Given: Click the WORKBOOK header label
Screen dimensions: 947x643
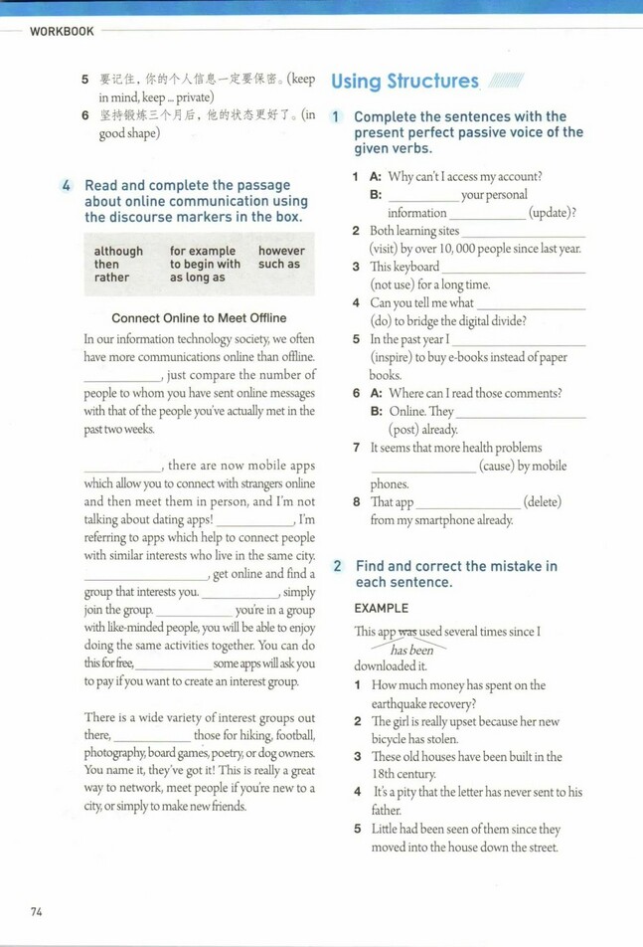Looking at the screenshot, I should (x=62, y=31).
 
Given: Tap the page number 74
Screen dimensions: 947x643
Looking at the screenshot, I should (x=37, y=910).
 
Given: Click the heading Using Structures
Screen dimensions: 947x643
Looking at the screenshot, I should (x=404, y=82).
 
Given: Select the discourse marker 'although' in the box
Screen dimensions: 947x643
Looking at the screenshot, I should (x=118, y=252).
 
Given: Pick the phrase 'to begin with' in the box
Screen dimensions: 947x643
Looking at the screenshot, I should (x=205, y=265).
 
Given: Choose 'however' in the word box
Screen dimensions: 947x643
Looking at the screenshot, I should (x=281, y=252).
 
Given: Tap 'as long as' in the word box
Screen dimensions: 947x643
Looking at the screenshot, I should (x=197, y=278).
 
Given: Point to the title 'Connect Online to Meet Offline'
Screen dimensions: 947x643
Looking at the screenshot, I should (x=199, y=318).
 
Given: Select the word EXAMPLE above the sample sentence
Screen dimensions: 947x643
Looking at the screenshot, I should (x=382, y=608).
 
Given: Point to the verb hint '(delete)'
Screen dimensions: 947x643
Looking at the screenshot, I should (x=543, y=502).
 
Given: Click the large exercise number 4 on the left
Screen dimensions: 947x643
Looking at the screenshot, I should (x=66, y=185).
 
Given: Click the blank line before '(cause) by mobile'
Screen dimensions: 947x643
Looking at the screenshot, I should (x=423, y=466).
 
